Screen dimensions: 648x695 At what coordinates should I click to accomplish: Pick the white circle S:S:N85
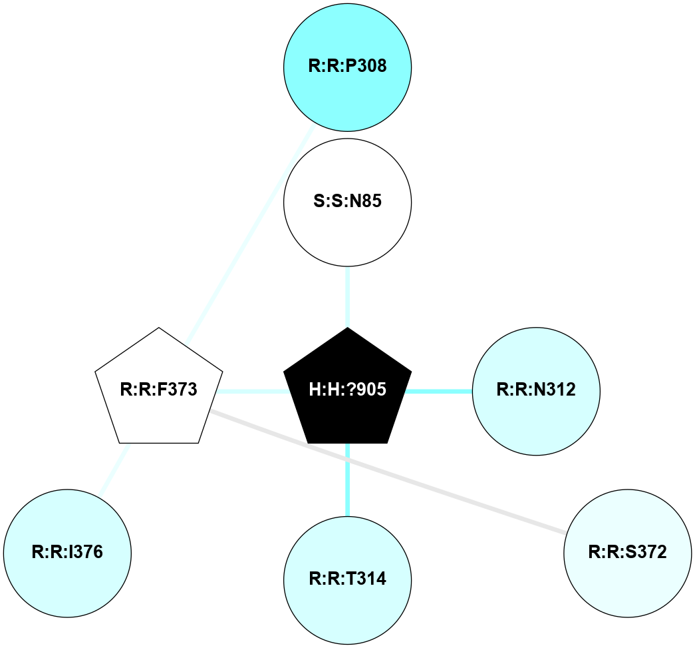coord(347,201)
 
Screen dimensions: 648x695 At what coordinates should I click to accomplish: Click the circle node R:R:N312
coord(536,390)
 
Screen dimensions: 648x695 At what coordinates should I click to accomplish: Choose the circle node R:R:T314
coord(347,579)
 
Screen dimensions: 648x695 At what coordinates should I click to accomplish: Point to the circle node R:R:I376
coord(67,552)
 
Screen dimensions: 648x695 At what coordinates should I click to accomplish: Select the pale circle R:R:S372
coord(627,552)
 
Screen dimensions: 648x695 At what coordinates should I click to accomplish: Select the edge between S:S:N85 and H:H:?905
coord(347,296)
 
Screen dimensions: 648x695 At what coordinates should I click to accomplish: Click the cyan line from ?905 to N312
coord(438,391)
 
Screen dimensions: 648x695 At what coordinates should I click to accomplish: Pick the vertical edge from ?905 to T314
coord(347,480)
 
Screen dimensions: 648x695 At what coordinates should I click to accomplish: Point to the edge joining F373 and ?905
coord(252,391)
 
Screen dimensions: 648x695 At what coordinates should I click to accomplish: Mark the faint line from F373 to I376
coord(114,470)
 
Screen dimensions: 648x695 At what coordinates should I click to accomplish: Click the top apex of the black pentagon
coord(347,329)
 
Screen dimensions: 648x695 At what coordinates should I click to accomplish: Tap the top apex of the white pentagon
coord(158,329)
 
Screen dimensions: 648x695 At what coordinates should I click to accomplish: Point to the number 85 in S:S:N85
coord(371,201)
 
